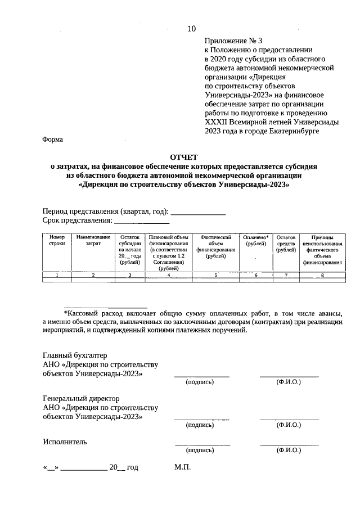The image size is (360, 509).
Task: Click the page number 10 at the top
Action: coord(192,29)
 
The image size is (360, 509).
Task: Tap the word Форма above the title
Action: coord(53,139)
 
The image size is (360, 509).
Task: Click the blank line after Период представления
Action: coord(197,213)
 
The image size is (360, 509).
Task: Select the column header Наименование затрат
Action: coord(93,241)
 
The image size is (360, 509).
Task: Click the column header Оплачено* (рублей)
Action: coord(256,241)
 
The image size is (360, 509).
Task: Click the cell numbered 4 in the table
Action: coord(169,275)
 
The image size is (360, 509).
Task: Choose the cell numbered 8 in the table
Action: coord(322,275)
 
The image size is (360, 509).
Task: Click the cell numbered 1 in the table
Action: coord(57,275)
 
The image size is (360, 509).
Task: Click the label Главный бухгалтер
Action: coord(75,355)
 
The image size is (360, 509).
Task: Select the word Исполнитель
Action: coord(65,442)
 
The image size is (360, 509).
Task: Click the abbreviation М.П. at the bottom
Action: coord(183,467)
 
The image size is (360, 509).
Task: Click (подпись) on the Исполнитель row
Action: coord(200,451)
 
